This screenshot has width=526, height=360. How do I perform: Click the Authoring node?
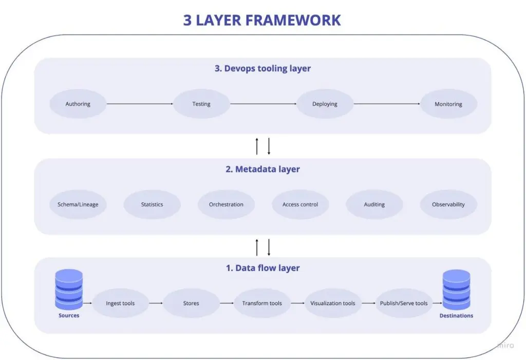[x=78, y=104]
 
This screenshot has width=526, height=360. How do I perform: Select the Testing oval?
[x=201, y=104]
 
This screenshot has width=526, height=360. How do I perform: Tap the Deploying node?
[x=325, y=104]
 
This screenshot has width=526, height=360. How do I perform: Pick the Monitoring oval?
[x=448, y=104]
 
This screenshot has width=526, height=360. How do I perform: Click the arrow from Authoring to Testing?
[x=140, y=104]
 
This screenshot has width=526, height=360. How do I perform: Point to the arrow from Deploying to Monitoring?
[x=387, y=104]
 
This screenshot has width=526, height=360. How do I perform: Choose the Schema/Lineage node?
[x=78, y=204]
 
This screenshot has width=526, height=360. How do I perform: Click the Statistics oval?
[x=152, y=204]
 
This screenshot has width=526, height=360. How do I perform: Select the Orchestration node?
[x=226, y=204]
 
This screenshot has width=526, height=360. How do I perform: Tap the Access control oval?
[x=300, y=204]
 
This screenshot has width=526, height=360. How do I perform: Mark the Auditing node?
[x=374, y=204]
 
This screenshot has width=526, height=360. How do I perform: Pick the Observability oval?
[x=448, y=204]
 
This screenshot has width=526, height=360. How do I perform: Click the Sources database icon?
[x=69, y=289]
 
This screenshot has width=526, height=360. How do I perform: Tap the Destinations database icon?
[x=456, y=290]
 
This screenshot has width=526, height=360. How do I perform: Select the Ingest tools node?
[x=120, y=303]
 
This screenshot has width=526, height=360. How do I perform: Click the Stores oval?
[x=191, y=303]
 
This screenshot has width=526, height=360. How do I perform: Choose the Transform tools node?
[x=262, y=303]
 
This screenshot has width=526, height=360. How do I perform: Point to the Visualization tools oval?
[x=333, y=303]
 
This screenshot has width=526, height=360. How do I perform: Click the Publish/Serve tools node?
[x=404, y=303]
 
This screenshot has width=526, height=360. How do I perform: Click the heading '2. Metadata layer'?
[x=262, y=169]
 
